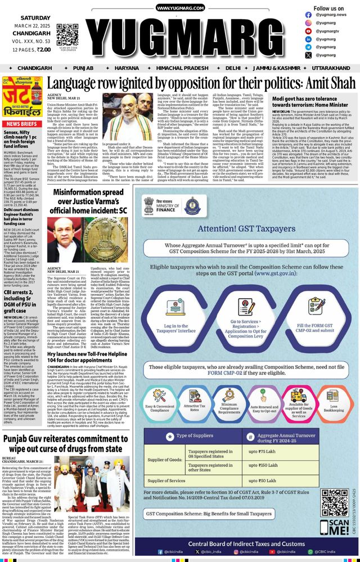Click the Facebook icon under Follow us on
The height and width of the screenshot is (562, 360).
click(308, 15)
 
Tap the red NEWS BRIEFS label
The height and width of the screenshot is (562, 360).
click(22, 124)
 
